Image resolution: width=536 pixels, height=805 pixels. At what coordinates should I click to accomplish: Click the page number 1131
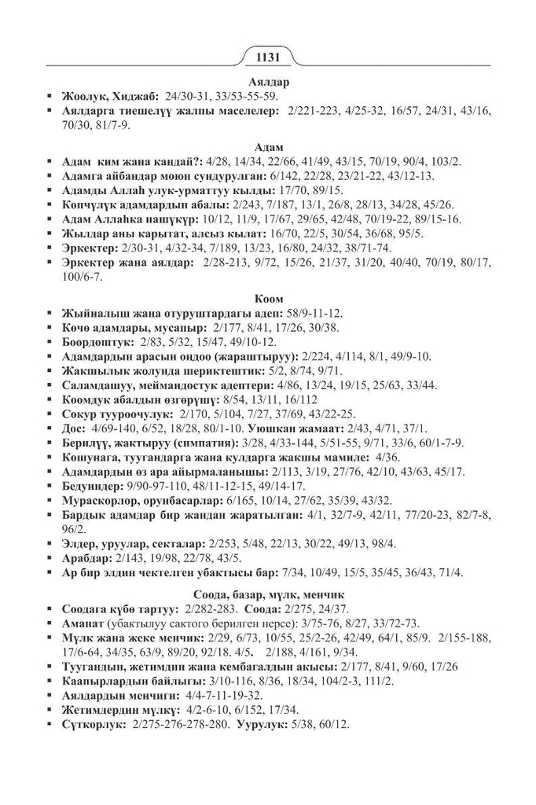click(x=269, y=57)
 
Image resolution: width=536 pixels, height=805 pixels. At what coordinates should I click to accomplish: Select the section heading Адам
click(x=268, y=147)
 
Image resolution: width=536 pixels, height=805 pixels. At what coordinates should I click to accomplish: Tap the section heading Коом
click(x=268, y=299)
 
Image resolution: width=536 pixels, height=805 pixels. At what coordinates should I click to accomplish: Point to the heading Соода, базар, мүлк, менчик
click(x=268, y=593)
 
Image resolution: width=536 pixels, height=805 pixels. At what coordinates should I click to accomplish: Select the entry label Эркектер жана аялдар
click(x=127, y=264)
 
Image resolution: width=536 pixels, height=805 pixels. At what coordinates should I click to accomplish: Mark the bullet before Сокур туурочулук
click(x=50, y=414)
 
